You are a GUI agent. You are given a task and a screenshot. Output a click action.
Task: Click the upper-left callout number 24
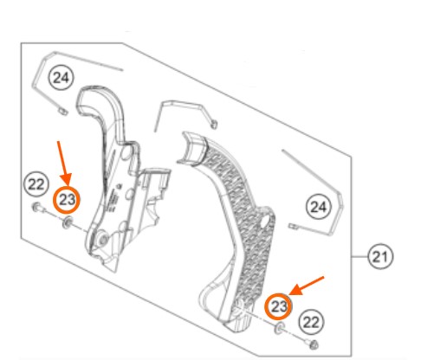click(62, 77)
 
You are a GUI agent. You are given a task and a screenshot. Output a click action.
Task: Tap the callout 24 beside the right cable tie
click(319, 207)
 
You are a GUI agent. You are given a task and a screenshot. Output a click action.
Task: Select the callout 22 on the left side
click(36, 184)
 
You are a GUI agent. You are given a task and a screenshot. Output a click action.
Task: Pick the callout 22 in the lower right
click(311, 322)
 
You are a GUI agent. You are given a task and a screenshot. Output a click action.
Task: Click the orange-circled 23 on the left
click(67, 200)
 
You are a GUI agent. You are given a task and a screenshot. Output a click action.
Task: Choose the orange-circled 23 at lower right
click(278, 306)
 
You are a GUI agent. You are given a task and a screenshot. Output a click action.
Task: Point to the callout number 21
click(380, 256)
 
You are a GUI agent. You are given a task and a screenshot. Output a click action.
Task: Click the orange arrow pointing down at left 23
click(63, 164)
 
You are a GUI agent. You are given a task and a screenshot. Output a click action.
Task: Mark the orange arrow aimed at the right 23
click(307, 286)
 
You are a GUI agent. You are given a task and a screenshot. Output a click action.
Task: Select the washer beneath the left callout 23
click(68, 222)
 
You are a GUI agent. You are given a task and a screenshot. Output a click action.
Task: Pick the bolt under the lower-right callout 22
click(312, 344)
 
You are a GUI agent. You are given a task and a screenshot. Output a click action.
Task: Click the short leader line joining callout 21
click(360, 256)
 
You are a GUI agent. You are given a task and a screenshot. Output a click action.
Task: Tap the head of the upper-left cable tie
click(62, 112)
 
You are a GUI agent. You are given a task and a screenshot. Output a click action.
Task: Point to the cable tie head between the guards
click(214, 125)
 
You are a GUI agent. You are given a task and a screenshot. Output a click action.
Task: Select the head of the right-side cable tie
click(294, 227)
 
